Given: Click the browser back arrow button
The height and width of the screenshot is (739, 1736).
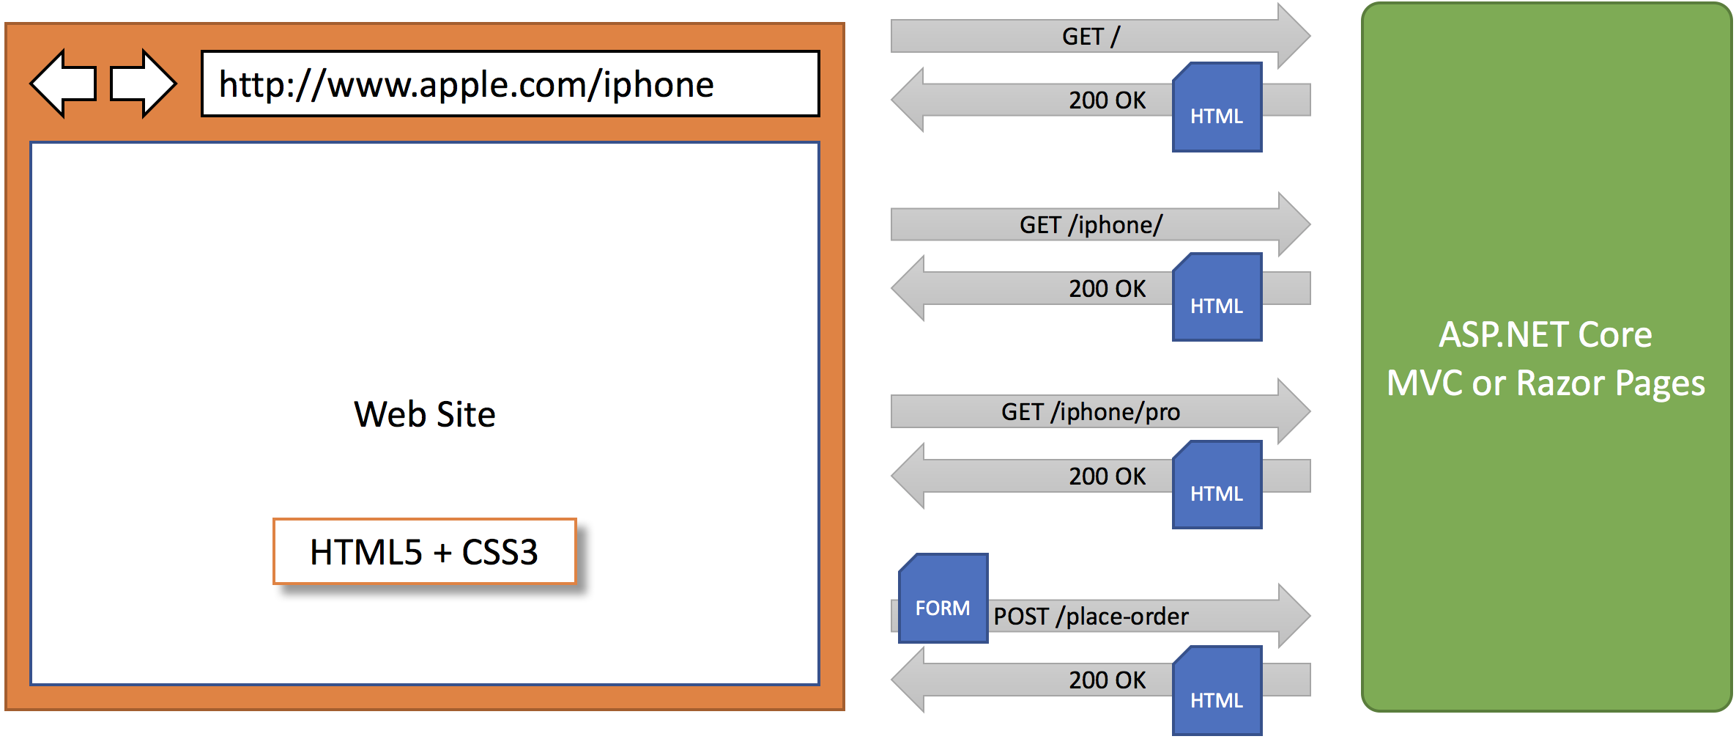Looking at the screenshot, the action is pos(63,84).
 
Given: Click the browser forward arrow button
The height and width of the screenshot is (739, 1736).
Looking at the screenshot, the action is pos(144,84).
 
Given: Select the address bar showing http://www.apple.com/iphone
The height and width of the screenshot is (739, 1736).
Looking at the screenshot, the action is pos(511,84).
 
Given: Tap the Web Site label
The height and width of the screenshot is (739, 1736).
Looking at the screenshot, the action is pos(425,414).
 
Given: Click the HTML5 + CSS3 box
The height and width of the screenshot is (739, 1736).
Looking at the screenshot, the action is pos(425,551).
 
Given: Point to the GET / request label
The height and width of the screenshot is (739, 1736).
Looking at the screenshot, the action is pos(1091,36).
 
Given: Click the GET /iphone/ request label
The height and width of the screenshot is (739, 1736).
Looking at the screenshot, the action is pos(1091,224).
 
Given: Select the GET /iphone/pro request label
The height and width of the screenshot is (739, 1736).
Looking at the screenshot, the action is pos(1091,412).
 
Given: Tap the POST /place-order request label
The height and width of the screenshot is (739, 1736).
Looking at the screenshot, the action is pos(1091,616).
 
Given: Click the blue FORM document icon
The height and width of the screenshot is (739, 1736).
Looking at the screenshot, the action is pos(943,598).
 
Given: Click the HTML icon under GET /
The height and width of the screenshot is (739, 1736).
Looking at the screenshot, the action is pos(1217,107).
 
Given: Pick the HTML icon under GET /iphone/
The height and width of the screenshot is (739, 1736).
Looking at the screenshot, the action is pos(1217,297).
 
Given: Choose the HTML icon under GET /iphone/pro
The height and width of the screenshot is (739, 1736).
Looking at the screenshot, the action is pos(1217,485).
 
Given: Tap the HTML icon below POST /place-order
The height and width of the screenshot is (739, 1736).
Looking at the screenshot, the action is pos(1217,690).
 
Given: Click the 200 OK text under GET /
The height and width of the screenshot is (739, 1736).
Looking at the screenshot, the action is pos(1107,100).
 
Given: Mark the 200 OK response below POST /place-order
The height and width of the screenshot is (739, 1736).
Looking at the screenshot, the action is pos(1107,680).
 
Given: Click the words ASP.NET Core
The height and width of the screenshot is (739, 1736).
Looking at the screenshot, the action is pos(1546,334).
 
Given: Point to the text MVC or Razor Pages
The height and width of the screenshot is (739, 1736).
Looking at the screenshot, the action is pos(1546,383).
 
